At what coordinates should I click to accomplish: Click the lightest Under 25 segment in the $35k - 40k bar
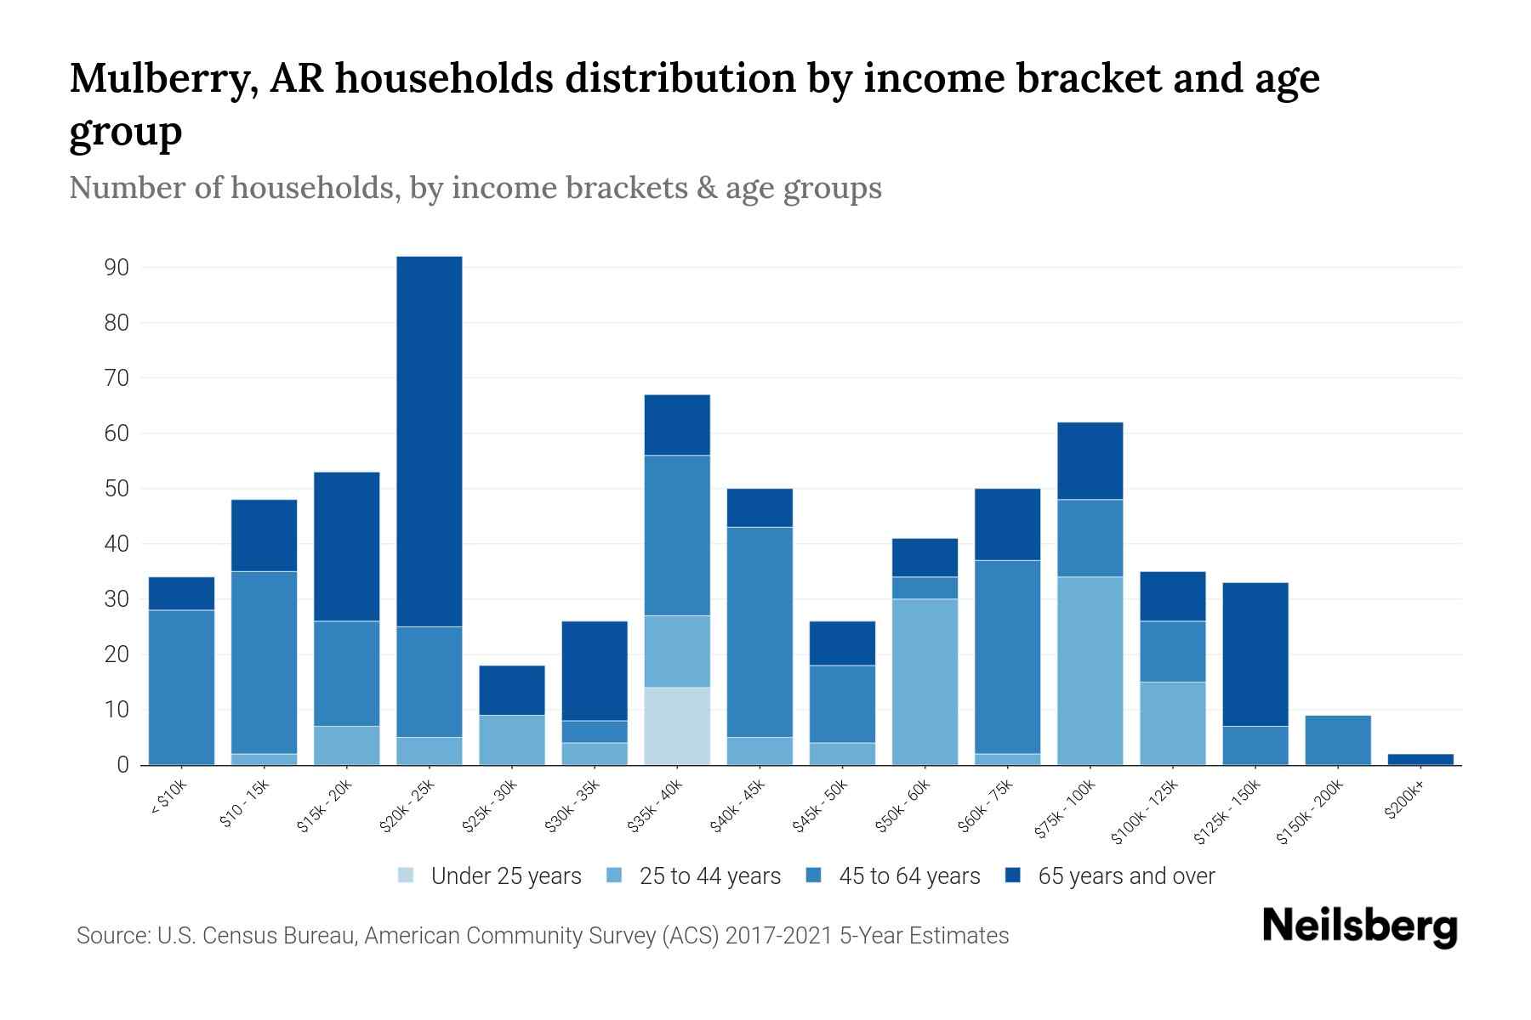pos(677,726)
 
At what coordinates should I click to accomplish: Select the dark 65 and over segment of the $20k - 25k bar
pos(430,441)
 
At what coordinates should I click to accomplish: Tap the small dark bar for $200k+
pos(1420,759)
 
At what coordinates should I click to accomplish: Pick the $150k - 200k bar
pos(1338,740)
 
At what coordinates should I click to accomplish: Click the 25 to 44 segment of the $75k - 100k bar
pos(1090,671)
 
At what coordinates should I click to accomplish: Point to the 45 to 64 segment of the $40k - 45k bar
pos(760,632)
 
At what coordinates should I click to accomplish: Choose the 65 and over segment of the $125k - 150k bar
pos(1255,654)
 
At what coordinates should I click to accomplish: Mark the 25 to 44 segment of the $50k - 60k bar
pos(925,682)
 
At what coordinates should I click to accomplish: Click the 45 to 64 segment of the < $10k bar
pos(181,687)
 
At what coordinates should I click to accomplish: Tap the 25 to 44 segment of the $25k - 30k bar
pos(512,739)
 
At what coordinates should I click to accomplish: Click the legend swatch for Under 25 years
pos(407,875)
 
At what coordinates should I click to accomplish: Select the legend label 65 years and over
pos(1126,876)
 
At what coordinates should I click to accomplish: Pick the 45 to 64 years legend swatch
pos(814,875)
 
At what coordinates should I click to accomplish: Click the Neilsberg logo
pos(1359,926)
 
